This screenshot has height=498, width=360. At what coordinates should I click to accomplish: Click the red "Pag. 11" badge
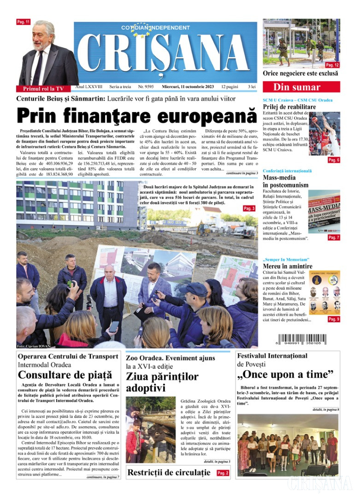(23, 22)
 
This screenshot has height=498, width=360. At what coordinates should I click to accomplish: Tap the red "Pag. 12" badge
(332, 65)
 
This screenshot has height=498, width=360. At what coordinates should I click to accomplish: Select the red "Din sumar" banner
(301, 87)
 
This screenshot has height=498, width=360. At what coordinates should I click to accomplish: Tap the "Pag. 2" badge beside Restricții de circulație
(223, 473)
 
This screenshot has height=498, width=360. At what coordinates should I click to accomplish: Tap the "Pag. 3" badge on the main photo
(249, 208)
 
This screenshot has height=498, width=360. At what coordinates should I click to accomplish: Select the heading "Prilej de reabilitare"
(289, 107)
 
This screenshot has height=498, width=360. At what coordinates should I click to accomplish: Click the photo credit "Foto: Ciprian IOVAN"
(33, 346)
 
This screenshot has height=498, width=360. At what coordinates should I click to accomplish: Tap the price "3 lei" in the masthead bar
(252, 86)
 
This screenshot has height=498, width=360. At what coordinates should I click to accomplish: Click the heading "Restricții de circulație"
(169, 473)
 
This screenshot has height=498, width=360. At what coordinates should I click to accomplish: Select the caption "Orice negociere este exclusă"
(300, 73)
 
